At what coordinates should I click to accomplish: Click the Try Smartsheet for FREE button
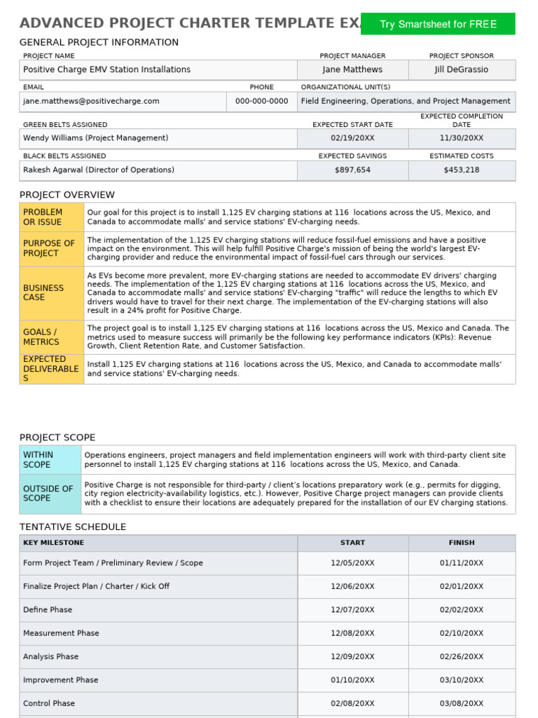coord(438,24)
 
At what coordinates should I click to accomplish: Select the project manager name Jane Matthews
coord(353,69)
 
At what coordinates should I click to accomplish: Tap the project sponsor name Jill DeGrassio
coord(462,69)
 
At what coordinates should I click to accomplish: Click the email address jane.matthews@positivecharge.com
coord(91,101)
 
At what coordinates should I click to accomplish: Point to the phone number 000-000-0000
coord(261,101)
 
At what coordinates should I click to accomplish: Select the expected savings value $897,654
coord(352,170)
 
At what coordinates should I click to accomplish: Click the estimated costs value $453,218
coord(462,170)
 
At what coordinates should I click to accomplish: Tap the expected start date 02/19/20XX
coord(352,138)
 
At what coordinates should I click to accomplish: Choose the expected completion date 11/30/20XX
coord(462,138)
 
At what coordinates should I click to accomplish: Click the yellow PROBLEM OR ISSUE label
coord(51,217)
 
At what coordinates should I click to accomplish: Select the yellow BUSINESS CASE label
coord(51,292)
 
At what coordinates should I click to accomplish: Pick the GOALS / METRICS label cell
coord(51,337)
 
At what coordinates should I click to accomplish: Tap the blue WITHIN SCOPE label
coord(50,459)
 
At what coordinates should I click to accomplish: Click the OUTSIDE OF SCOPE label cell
coord(50,493)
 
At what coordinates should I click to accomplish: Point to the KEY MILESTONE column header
coord(53,543)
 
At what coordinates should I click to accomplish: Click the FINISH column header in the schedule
coord(462,543)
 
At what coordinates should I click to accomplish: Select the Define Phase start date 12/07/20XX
coord(352,610)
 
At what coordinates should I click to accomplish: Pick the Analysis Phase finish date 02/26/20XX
coord(462,657)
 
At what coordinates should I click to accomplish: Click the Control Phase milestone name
coord(49,703)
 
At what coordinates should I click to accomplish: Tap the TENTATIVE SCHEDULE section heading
coord(73,527)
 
